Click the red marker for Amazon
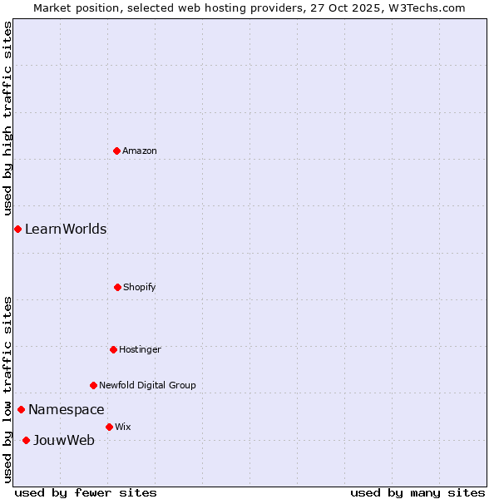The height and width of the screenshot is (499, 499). click(116, 151)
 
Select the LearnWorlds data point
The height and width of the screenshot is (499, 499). click(17, 229)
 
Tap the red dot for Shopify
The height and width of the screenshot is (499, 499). click(117, 287)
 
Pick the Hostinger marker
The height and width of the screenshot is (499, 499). click(113, 349)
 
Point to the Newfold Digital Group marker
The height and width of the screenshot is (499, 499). click(93, 385)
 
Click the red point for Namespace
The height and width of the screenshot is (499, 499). click(21, 409)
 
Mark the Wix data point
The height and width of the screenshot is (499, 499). click(109, 427)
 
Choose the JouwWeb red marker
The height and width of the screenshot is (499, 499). click(26, 440)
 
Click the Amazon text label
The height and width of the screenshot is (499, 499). click(140, 151)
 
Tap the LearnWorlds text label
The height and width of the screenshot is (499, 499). click(66, 229)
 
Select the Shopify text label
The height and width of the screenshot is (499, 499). click(140, 287)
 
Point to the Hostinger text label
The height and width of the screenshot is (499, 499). click(140, 349)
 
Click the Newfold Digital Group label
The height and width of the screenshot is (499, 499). click(147, 385)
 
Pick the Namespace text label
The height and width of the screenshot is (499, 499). click(67, 409)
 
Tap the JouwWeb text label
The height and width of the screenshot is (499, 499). click(64, 440)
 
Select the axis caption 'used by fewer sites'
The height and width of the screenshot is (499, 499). click(86, 492)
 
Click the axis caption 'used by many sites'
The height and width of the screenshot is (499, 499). click(417, 492)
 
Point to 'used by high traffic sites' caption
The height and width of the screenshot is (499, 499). click(7, 119)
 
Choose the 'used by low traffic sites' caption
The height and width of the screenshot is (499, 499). click(7, 389)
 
